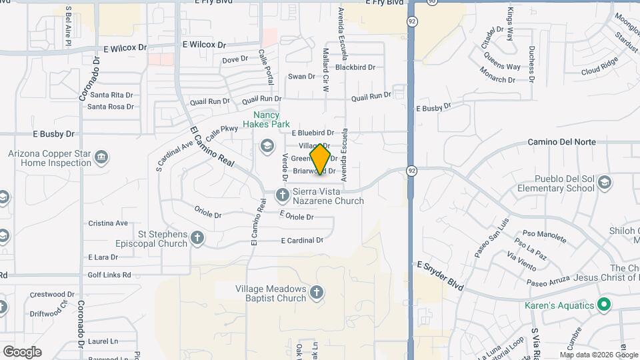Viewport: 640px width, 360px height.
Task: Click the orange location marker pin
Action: point(321,159)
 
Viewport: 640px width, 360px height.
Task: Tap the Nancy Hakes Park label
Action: point(266,119)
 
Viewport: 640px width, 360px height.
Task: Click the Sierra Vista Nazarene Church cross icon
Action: point(282,194)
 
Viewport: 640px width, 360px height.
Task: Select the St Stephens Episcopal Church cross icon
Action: point(197,237)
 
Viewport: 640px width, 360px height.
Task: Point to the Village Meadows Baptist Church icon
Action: point(317,291)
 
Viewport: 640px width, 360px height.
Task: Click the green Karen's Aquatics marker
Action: point(605,305)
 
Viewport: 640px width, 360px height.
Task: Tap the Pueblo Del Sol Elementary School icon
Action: point(605,182)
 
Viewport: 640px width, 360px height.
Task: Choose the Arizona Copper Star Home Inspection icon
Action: point(101,157)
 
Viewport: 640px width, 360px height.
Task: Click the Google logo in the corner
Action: point(21,351)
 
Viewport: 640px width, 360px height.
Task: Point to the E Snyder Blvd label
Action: point(440,274)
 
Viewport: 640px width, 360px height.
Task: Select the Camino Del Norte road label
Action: point(561,142)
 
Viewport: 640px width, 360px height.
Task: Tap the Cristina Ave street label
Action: point(108,223)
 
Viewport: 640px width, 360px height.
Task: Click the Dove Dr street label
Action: point(235,60)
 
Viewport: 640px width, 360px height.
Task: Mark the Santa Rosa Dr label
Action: point(111,106)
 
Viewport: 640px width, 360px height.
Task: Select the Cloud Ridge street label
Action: point(600,69)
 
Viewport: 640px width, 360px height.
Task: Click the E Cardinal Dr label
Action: point(301,240)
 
